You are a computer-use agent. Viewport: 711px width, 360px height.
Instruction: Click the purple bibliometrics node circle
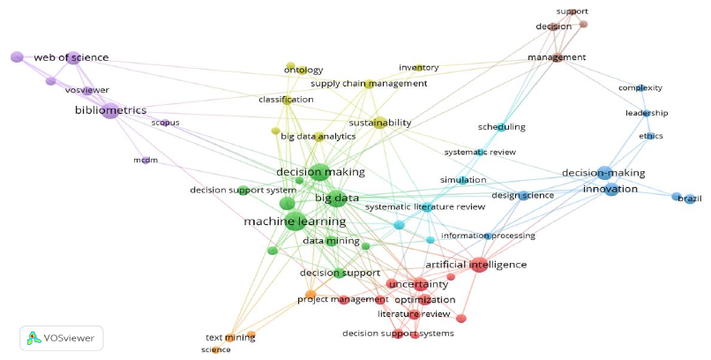(109, 110)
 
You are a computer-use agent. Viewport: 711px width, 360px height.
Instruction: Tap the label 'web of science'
(71, 58)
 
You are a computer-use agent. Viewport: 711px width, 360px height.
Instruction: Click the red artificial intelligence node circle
(478, 264)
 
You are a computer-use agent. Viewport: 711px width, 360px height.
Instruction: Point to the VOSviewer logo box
(62, 337)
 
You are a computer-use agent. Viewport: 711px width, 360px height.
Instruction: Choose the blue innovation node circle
(610, 189)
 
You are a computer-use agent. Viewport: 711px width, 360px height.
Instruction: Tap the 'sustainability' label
(379, 123)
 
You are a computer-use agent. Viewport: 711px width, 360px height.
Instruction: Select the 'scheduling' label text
(501, 127)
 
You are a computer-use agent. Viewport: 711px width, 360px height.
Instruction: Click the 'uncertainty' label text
(418, 284)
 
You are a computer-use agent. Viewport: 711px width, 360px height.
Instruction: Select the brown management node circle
(558, 57)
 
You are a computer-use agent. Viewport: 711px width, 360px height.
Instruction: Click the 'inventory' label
(418, 68)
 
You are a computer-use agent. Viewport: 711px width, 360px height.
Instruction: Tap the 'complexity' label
(640, 88)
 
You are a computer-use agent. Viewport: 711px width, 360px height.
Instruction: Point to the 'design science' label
(522, 195)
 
